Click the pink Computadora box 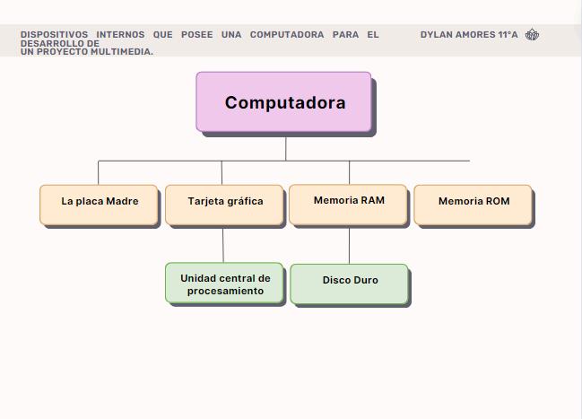[x=283, y=102]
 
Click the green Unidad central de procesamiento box [x=224, y=284]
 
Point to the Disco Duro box [x=349, y=284]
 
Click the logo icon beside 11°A [x=532, y=35]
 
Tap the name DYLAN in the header [x=436, y=35]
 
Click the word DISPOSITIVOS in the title [x=54, y=35]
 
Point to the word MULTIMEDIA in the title [x=120, y=52]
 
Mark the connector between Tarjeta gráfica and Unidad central [x=223, y=244]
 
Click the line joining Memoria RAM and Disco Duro [x=349, y=244]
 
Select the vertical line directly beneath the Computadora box [x=286, y=148]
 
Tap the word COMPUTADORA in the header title [x=287, y=35]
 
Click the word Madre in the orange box [x=122, y=201]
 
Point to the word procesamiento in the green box [x=225, y=291]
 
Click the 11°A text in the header [x=507, y=35]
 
